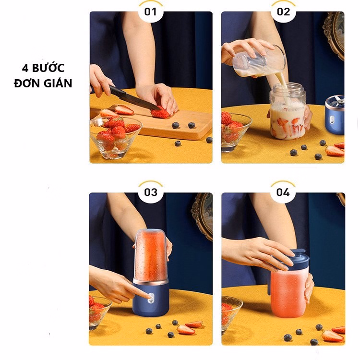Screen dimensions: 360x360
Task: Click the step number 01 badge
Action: point(151,12)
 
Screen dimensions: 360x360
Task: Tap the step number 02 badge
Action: point(283,12)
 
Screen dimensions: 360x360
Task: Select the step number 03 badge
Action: point(151,192)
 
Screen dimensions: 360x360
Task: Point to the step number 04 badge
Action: point(283,192)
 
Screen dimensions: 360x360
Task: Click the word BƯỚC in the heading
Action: point(48,68)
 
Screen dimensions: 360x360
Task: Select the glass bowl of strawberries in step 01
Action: point(116,137)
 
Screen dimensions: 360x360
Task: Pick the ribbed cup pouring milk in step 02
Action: point(259,61)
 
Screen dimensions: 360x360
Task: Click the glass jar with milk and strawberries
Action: point(288,111)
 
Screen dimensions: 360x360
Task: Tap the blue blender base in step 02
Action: point(335,115)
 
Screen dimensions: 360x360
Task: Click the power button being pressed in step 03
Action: point(150,297)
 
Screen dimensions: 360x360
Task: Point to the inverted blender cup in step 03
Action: point(151,256)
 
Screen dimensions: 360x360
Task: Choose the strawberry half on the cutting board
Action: point(124,110)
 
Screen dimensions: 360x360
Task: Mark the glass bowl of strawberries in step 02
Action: point(235,132)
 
